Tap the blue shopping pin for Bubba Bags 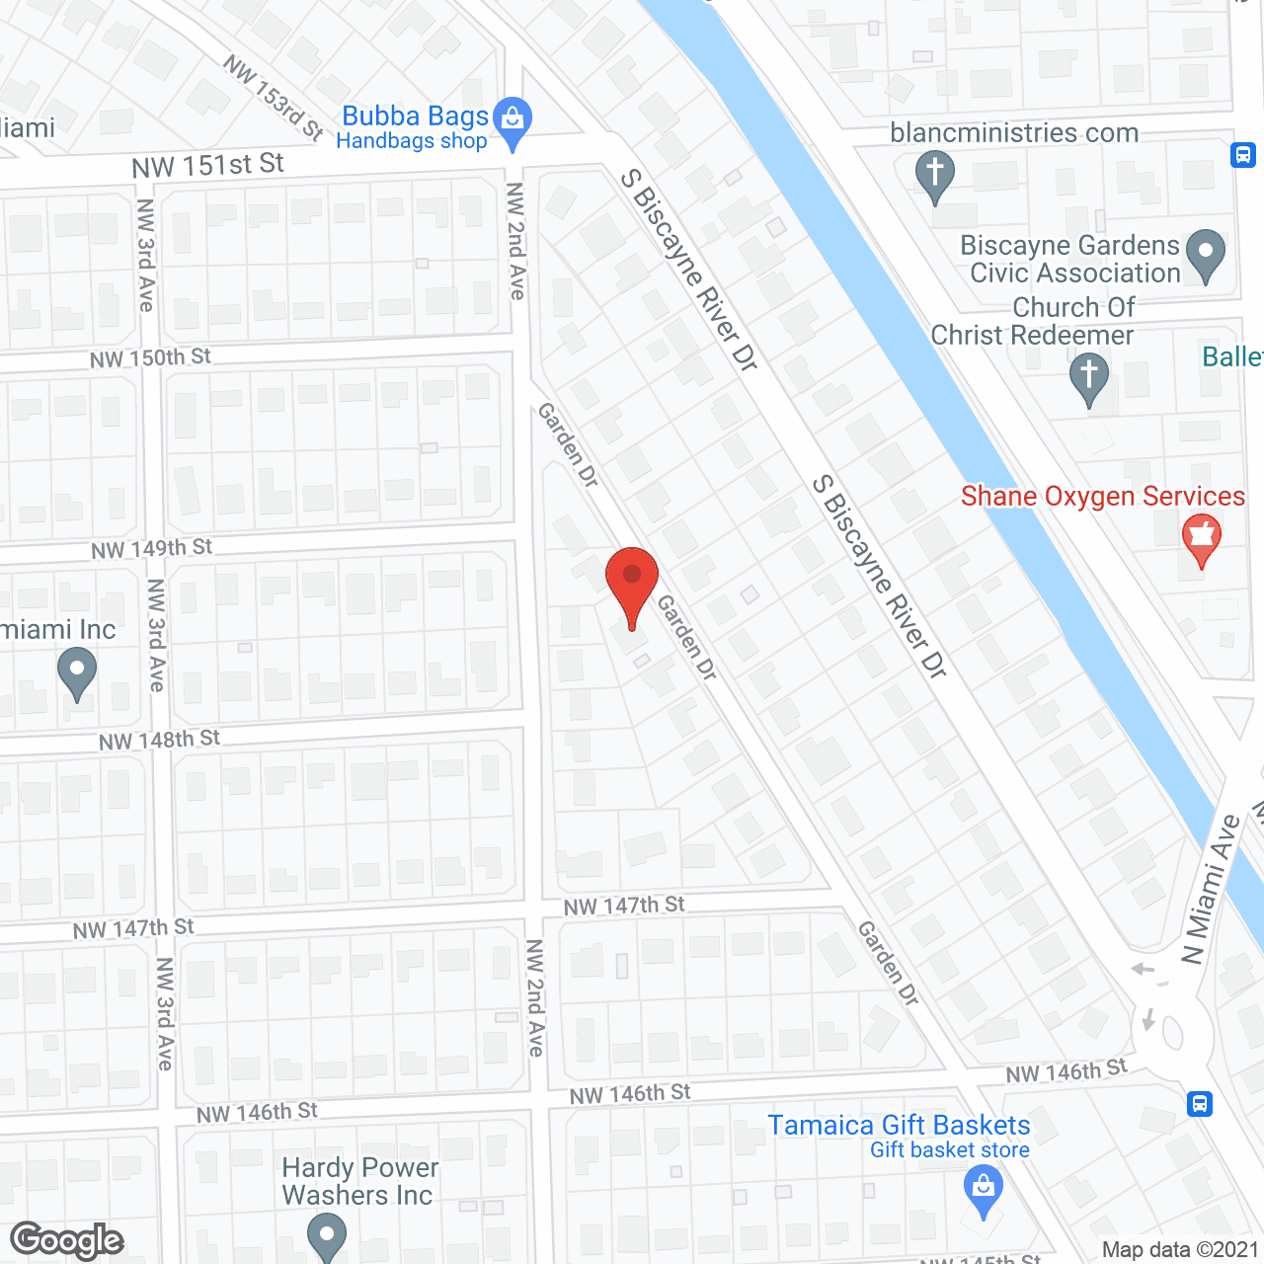point(513,119)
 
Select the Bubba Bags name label point(415,117)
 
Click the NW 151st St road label point(208,165)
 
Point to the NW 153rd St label point(274,98)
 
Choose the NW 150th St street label point(150,357)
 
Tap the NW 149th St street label point(151,548)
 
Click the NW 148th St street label point(159,740)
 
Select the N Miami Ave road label point(1211,888)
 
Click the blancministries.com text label point(1014,132)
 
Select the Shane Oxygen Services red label point(1103,496)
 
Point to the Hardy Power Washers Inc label point(359,1181)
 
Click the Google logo point(67,1240)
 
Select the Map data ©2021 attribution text point(1180,1250)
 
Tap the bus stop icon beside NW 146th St point(1200,1103)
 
